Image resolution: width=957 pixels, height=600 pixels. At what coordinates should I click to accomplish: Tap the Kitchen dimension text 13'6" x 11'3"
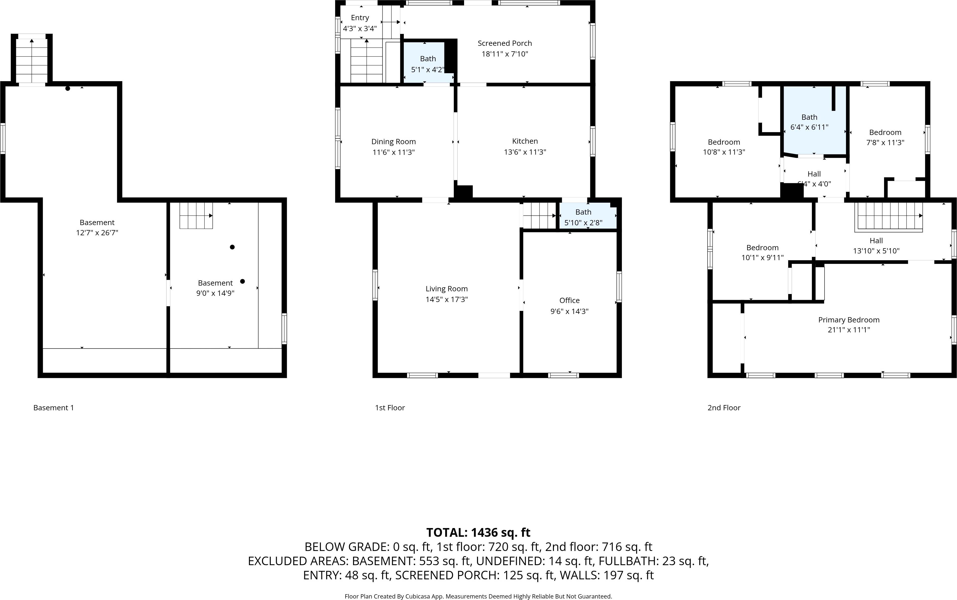(x=525, y=152)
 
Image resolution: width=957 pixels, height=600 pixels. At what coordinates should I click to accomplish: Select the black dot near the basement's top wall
(x=68, y=88)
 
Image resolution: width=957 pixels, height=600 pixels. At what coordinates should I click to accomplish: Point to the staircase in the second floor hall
(x=889, y=216)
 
